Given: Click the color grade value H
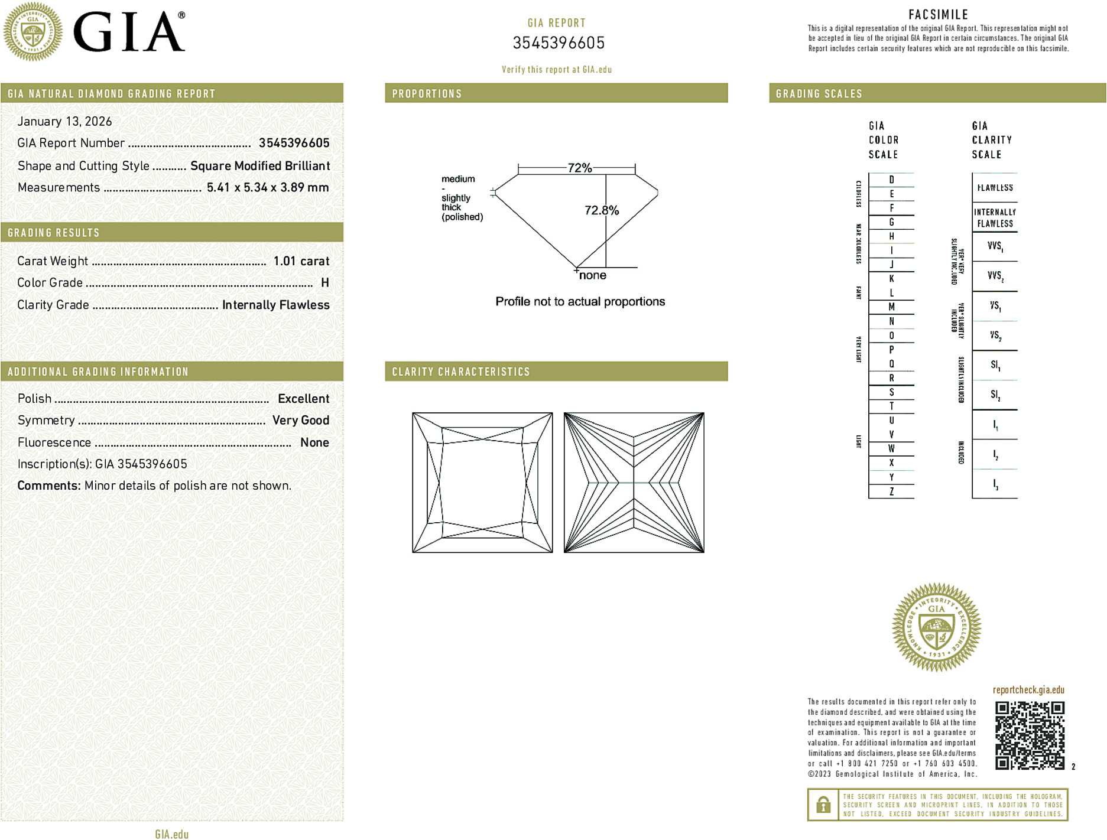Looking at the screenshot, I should pos(324,283).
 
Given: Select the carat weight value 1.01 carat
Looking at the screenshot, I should pos(301,261).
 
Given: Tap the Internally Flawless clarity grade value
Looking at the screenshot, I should pos(275,305).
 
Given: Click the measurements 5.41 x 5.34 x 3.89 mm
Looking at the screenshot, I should pos(267,188).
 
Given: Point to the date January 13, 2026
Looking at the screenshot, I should pos(64,122).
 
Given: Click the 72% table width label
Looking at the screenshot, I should pos(579,168).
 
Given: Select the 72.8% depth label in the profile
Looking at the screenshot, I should pos(601,210).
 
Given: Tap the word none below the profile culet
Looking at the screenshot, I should pos(592,275).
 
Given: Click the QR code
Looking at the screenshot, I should pos(1029,735).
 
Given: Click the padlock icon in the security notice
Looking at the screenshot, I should pos(823,805).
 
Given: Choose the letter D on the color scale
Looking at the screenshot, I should pos(891,180).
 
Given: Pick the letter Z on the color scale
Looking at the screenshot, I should pos(891,491).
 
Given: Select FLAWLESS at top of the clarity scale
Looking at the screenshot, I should pos(995,188).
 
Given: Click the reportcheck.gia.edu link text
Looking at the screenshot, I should pos(1028,690).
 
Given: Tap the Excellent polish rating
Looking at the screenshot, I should pos(303,399).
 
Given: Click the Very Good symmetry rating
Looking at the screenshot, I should pos(300,421).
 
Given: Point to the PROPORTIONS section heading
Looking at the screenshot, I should pos(427,94).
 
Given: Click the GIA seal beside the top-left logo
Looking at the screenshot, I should pos(33,32).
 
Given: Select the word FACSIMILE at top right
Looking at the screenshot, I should pos(938,15).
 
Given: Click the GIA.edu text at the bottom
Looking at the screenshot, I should pos(171,834).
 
